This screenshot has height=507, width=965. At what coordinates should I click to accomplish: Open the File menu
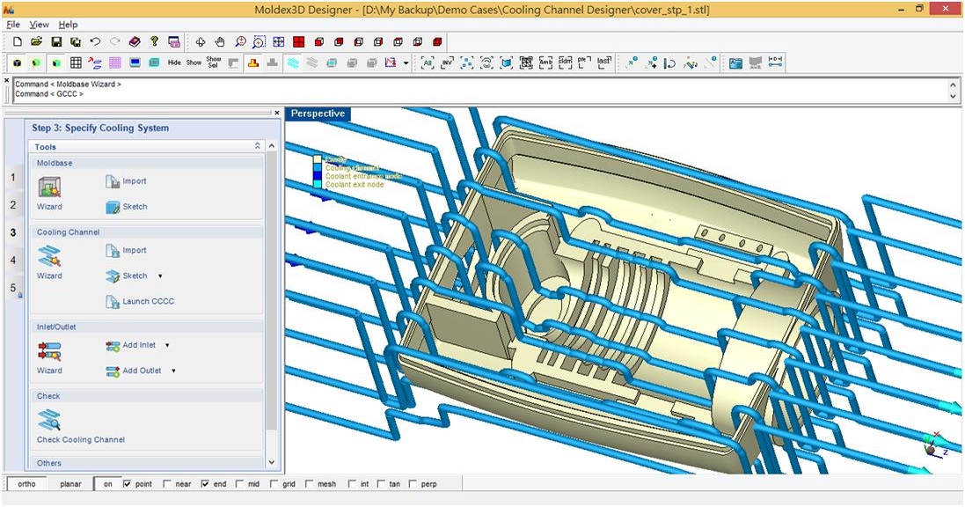click(x=12, y=25)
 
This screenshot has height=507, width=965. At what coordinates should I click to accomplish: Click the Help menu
click(x=68, y=25)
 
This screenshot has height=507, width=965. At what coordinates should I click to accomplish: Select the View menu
click(x=40, y=25)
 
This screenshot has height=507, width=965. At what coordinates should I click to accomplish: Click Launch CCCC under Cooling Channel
click(x=148, y=301)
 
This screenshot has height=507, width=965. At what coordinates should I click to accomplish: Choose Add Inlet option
click(x=138, y=345)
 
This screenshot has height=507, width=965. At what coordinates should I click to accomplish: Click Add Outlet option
click(x=141, y=371)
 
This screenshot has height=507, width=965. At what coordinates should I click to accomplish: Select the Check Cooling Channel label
click(x=81, y=439)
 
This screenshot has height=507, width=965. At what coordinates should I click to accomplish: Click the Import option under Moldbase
click(x=134, y=181)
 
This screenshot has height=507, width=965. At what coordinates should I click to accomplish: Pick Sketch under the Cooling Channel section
click(x=134, y=276)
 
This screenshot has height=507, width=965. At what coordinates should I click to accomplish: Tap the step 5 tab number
click(x=13, y=288)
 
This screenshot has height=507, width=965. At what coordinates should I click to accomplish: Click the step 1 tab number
click(x=13, y=178)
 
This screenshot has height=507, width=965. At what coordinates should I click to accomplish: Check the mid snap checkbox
click(x=240, y=484)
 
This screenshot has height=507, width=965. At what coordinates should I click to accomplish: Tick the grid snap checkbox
click(x=275, y=484)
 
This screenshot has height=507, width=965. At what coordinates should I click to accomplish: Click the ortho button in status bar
click(x=26, y=484)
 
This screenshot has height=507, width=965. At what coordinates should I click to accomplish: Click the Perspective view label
click(x=318, y=114)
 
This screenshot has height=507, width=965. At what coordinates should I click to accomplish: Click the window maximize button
click(x=919, y=8)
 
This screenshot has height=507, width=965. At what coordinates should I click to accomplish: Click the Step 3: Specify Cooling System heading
click(x=100, y=128)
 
